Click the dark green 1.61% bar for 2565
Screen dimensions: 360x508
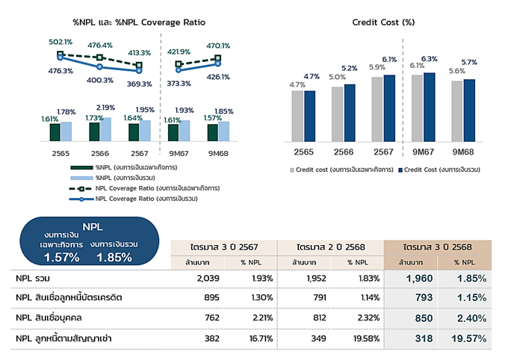[x=55, y=132]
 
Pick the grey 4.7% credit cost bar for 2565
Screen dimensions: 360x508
[x=297, y=116]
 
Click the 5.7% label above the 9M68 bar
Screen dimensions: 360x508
[x=470, y=62]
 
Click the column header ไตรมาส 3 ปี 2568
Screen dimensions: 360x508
[x=436, y=247]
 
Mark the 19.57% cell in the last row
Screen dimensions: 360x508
[x=470, y=338]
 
